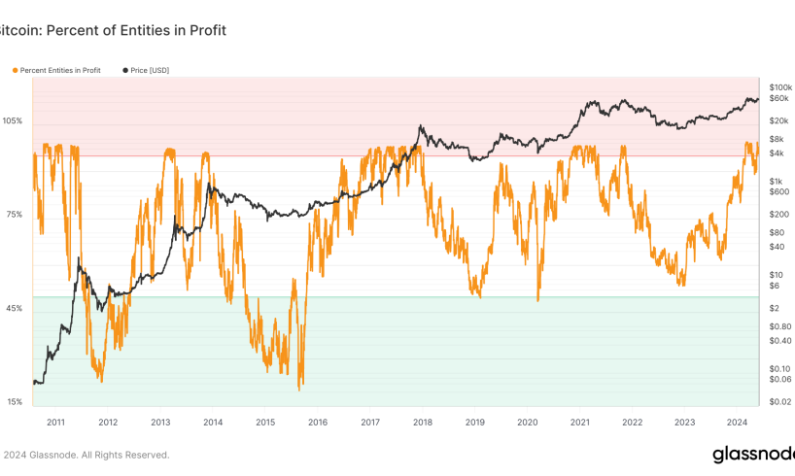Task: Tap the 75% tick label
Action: pyautogui.click(x=16, y=215)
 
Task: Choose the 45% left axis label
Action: pyautogui.click(x=16, y=309)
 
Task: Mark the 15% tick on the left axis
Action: pyautogui.click(x=16, y=402)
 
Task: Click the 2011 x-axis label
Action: pyautogui.click(x=55, y=423)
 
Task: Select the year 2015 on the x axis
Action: pyautogui.click(x=265, y=423)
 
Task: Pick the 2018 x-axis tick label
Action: pyautogui.click(x=423, y=423)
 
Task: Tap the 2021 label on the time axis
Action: pyautogui.click(x=580, y=423)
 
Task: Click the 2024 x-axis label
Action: pyautogui.click(x=737, y=423)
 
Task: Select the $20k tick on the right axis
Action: pyautogui.click(x=778, y=121)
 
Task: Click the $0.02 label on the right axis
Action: pyautogui.click(x=778, y=402)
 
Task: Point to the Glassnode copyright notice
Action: pyautogui.click(x=86, y=455)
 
